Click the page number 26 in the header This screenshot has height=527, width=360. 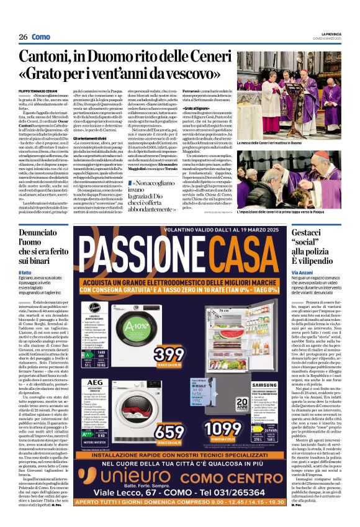pyautogui.click(x=22, y=37)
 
